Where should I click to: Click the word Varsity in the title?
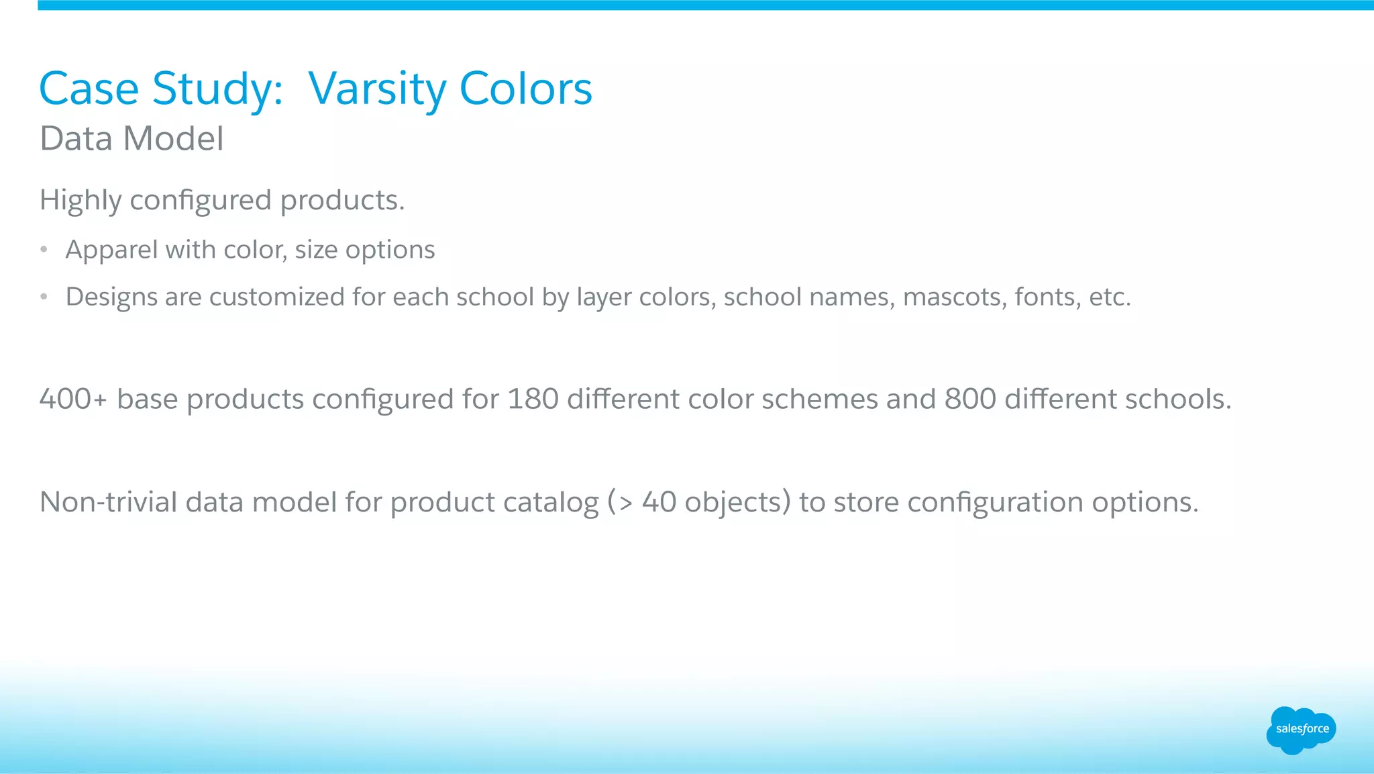[x=377, y=89]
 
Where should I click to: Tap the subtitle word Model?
[x=173, y=139]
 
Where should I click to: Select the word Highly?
[x=81, y=201]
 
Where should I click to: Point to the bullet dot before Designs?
[x=44, y=297]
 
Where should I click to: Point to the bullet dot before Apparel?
[x=44, y=250]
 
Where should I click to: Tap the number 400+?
[x=72, y=399]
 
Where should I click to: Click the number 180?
[x=533, y=399]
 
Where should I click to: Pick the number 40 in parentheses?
[x=659, y=502]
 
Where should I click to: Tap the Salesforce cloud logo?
[x=1301, y=730]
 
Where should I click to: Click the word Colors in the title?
[x=525, y=89]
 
